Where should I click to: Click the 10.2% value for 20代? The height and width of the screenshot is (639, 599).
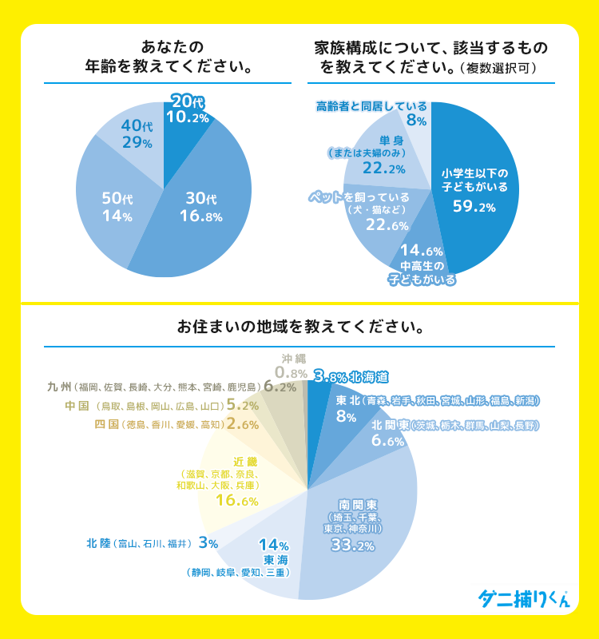pos(188,117)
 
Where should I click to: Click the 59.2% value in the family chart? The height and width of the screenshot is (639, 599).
pos(474,207)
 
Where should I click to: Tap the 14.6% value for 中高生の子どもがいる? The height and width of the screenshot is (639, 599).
pos(422,251)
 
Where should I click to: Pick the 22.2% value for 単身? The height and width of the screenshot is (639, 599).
pos(383,169)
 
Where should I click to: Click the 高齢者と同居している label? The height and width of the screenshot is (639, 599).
pos(371,105)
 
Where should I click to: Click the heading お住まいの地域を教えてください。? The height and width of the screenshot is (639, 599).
pos(299,327)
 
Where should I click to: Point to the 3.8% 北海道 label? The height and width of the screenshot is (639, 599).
pos(351,375)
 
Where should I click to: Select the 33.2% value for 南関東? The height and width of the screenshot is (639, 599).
pos(353,546)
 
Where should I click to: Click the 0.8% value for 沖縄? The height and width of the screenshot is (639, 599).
pos(291,372)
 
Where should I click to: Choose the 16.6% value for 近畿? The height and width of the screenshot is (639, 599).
pos(237,501)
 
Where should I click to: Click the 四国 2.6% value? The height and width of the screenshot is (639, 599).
pos(243,424)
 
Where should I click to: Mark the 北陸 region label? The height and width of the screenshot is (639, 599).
pos(100,543)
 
